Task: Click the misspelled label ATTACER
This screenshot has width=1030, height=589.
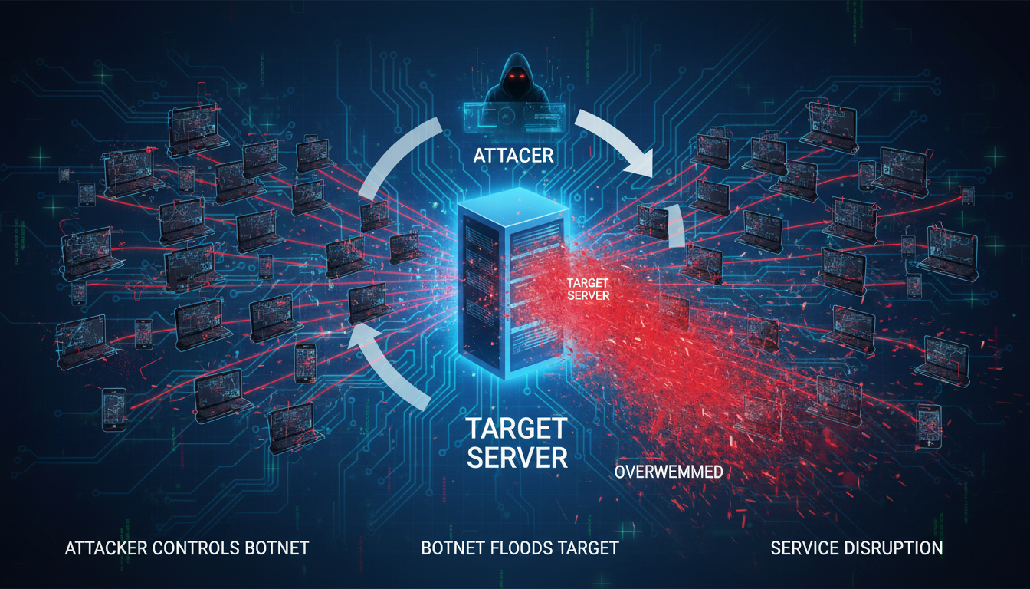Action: tap(514, 155)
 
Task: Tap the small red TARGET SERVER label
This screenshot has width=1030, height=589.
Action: tap(586, 289)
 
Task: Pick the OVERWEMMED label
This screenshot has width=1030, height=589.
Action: tap(668, 472)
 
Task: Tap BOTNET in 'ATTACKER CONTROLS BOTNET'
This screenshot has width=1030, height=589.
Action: tap(277, 548)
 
